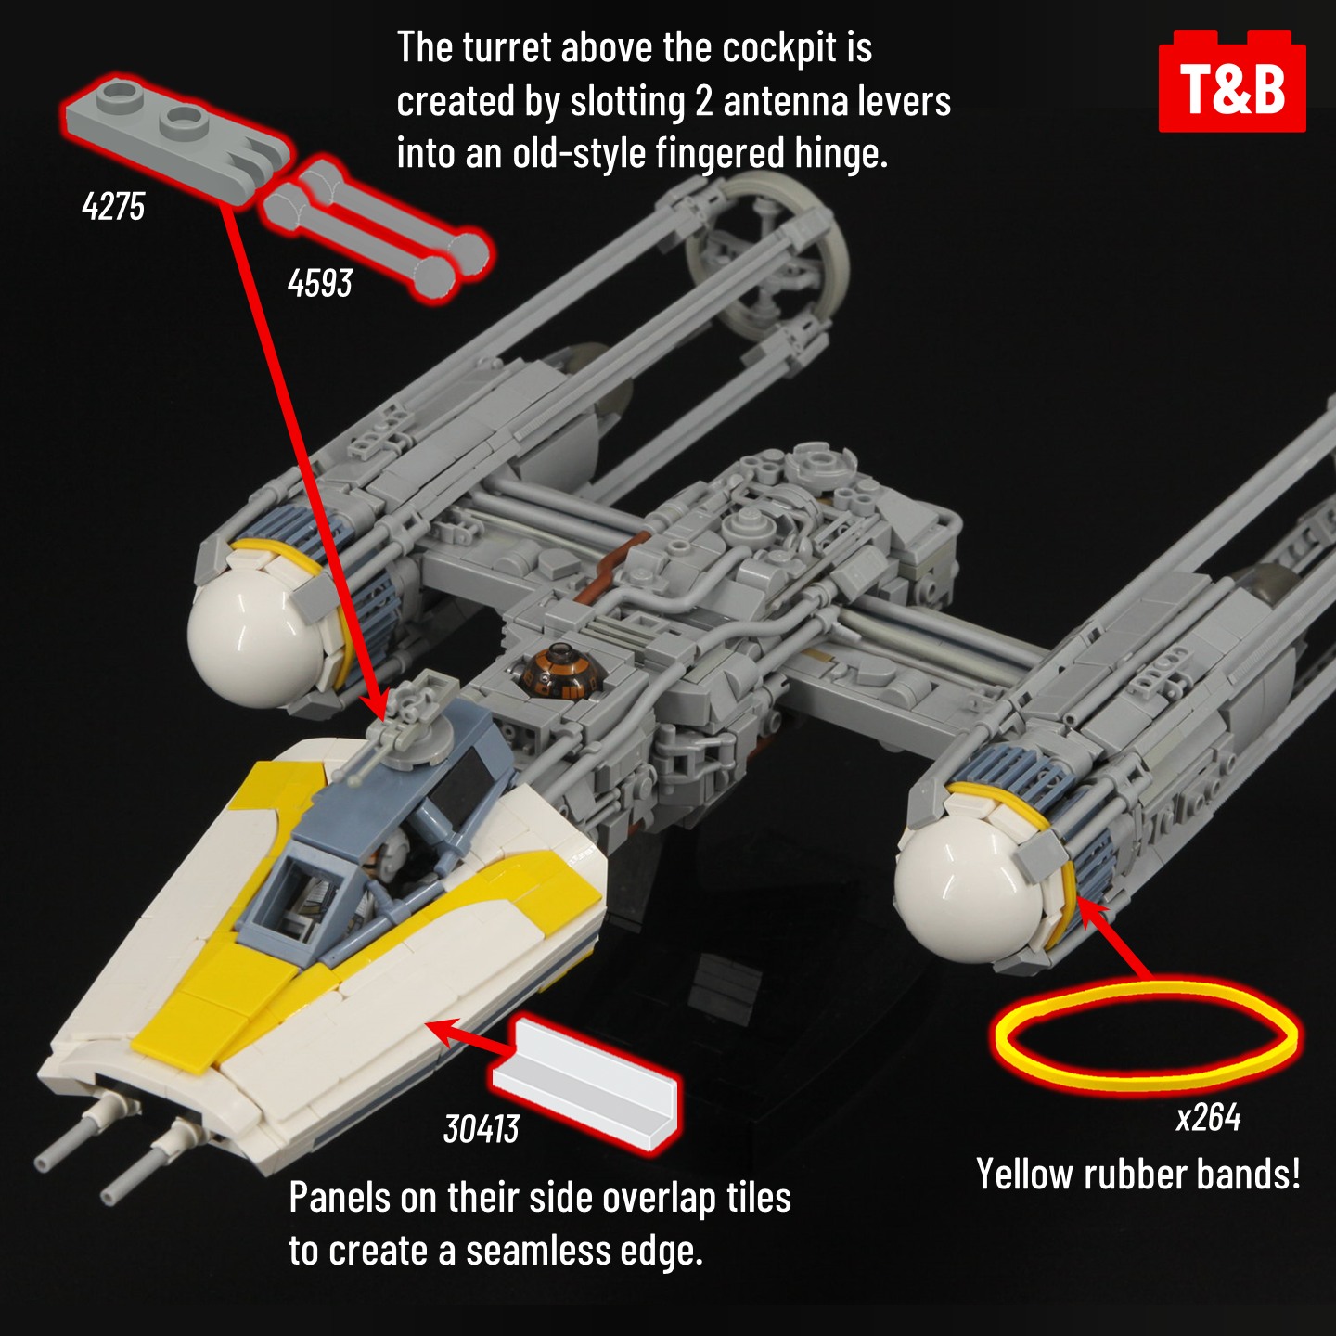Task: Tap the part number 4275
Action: [113, 206]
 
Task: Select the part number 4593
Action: [319, 282]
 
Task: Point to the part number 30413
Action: [481, 1129]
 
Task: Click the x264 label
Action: [1208, 1118]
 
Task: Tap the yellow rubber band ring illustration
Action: [1147, 1035]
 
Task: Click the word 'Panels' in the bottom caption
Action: [340, 1198]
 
